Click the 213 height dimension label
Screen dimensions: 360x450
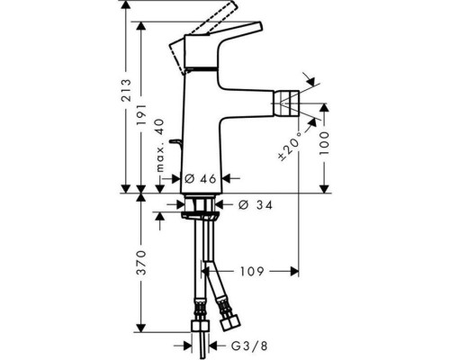[126, 89]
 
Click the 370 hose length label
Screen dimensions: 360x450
[140, 268]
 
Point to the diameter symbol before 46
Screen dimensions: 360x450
[190, 179]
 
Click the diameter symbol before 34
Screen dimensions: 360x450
[243, 205]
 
